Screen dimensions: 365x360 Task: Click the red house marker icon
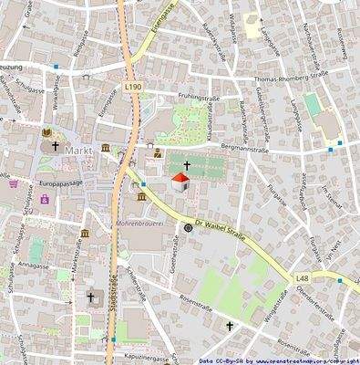click(180, 182)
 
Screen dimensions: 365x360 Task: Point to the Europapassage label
click(61, 183)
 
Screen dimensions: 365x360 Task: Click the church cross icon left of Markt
click(54, 145)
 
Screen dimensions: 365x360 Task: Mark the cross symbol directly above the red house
click(187, 165)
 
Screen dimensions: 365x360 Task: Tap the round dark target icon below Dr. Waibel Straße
click(189, 229)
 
